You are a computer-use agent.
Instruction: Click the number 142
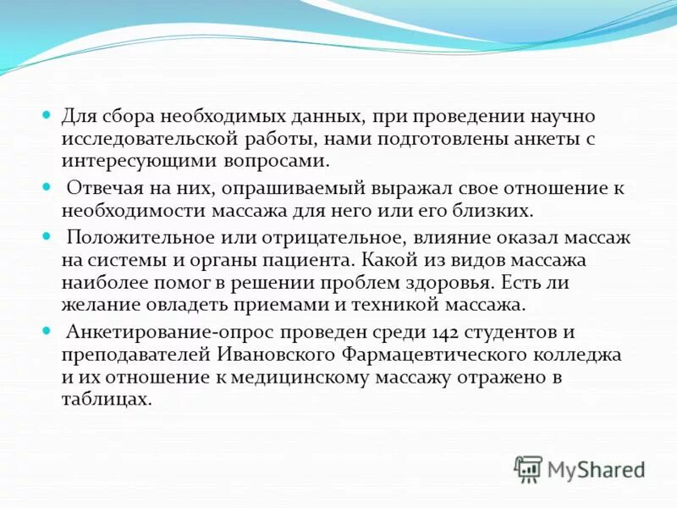click(x=397, y=333)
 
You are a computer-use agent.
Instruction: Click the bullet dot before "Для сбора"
click(x=48, y=115)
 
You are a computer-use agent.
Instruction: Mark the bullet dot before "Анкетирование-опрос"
click(x=48, y=332)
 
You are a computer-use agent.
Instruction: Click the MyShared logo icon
click(x=528, y=467)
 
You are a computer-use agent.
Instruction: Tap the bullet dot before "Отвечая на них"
click(x=48, y=187)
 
